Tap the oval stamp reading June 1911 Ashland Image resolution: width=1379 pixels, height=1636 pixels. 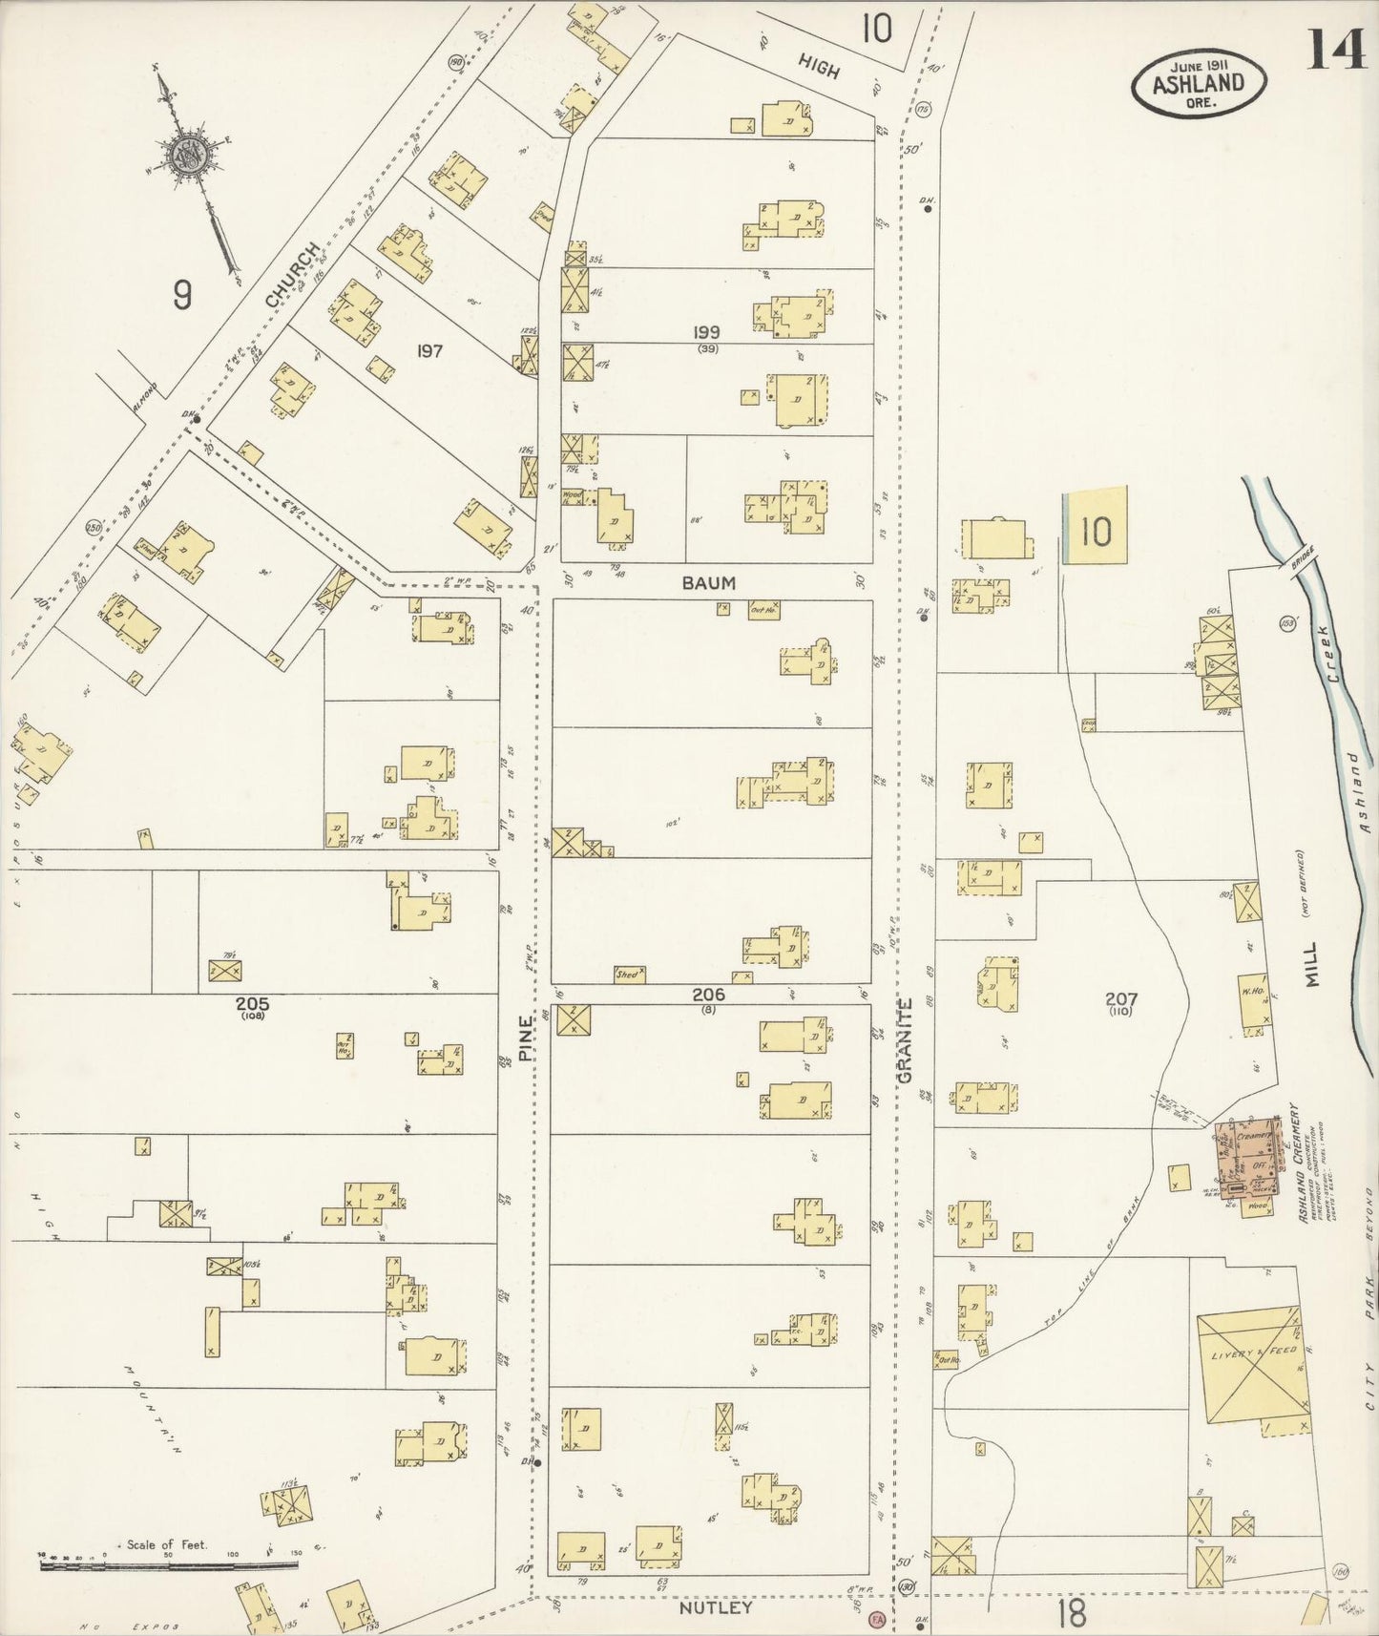pos(1200,84)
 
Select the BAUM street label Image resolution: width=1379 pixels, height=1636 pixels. pos(709,582)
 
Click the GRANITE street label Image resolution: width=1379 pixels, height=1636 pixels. pos(905,1039)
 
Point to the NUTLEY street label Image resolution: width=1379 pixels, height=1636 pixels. pos(715,1607)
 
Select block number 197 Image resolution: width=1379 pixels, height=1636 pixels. pos(429,351)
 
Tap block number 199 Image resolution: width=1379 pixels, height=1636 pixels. pos(707,332)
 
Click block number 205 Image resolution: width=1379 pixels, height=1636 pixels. pos(253,1004)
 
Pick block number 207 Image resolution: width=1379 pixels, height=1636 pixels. pos(1120,999)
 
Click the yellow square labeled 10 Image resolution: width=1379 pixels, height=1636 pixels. pos(1096,531)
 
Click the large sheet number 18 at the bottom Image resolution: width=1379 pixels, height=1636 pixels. pos(1072,1614)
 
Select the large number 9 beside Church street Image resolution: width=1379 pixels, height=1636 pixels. pos(182,295)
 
